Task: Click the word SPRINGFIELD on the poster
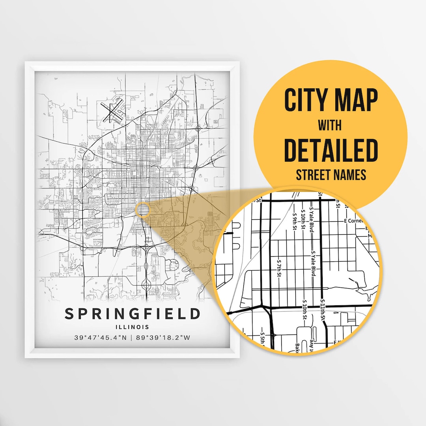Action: coord(132,314)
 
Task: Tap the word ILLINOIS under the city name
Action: coord(133,327)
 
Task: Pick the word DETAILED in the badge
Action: coord(331,150)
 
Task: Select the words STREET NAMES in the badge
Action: coord(331,174)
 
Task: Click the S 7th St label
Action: coord(279,268)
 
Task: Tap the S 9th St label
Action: coord(295,222)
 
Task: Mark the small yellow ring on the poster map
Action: coord(142,209)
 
